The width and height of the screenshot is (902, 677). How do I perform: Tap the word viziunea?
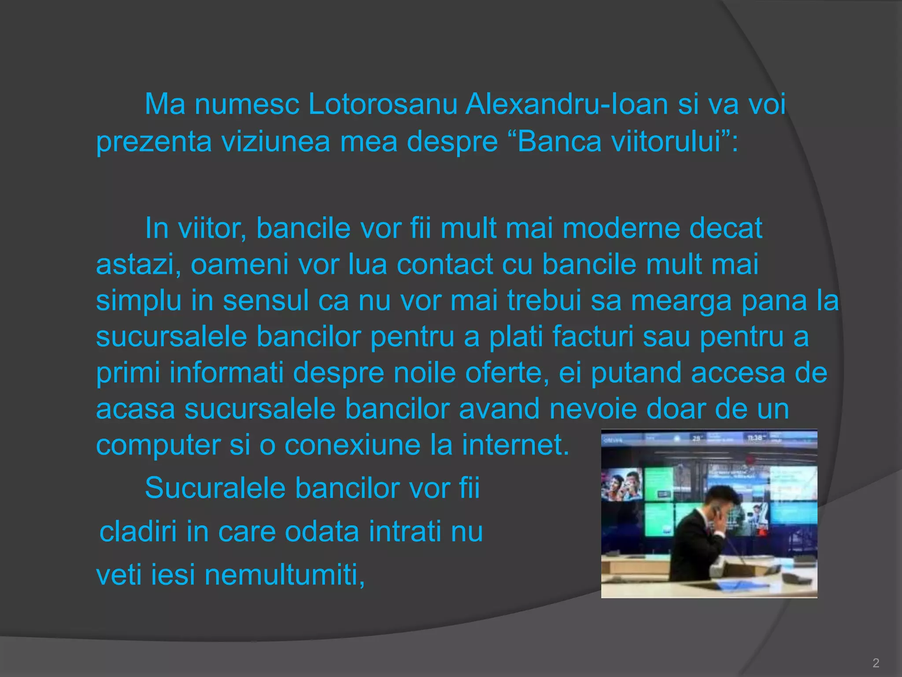click(275, 142)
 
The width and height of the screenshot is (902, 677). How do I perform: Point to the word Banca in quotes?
click(558, 142)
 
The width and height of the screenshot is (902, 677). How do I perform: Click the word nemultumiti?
click(285, 576)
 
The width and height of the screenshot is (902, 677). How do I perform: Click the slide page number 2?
click(876, 663)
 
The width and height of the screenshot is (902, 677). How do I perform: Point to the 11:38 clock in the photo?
click(754, 438)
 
